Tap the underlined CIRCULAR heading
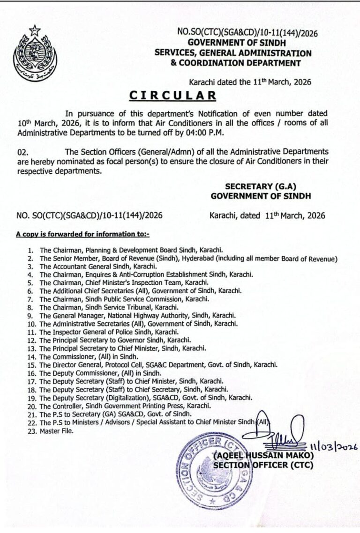(x=173, y=95)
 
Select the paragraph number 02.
(x=22, y=152)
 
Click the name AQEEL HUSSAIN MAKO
(x=263, y=455)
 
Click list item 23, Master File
(x=57, y=431)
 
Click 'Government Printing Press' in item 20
(x=148, y=406)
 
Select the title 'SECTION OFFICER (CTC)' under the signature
(x=263, y=465)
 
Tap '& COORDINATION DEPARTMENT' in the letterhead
(x=236, y=62)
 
